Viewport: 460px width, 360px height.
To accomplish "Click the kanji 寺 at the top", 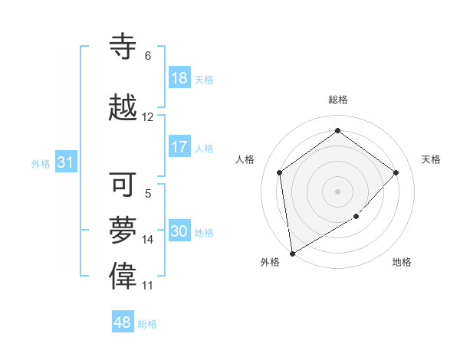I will (124, 46).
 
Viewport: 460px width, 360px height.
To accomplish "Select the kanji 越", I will (124, 107).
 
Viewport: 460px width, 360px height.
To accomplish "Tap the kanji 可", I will (124, 185).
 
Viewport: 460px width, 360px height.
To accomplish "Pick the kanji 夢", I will (124, 229).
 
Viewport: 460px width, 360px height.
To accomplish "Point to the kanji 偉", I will (124, 276).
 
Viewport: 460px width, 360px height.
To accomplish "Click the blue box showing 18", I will (179, 78).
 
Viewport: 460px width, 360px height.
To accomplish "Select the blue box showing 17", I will (179, 147).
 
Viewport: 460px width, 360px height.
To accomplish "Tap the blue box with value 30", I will (179, 231).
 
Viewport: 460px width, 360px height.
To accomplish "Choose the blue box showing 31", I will (65, 162).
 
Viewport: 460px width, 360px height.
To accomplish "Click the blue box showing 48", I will (123, 322).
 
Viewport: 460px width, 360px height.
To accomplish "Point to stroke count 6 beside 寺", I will (148, 56).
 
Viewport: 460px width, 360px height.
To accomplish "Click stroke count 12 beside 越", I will (148, 117).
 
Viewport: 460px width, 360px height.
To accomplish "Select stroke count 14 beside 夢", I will (148, 240).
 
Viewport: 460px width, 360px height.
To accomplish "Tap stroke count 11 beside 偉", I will (148, 286).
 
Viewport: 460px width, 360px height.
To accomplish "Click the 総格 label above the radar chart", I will (338, 100).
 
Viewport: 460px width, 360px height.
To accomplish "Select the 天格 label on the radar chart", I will (431, 159).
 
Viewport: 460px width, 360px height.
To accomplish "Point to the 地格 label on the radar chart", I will (402, 262).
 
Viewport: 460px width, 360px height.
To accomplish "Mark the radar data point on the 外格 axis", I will (292, 253).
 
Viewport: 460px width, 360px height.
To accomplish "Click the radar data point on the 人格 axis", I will (280, 172).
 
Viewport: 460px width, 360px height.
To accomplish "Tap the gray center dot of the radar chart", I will (338, 191).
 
